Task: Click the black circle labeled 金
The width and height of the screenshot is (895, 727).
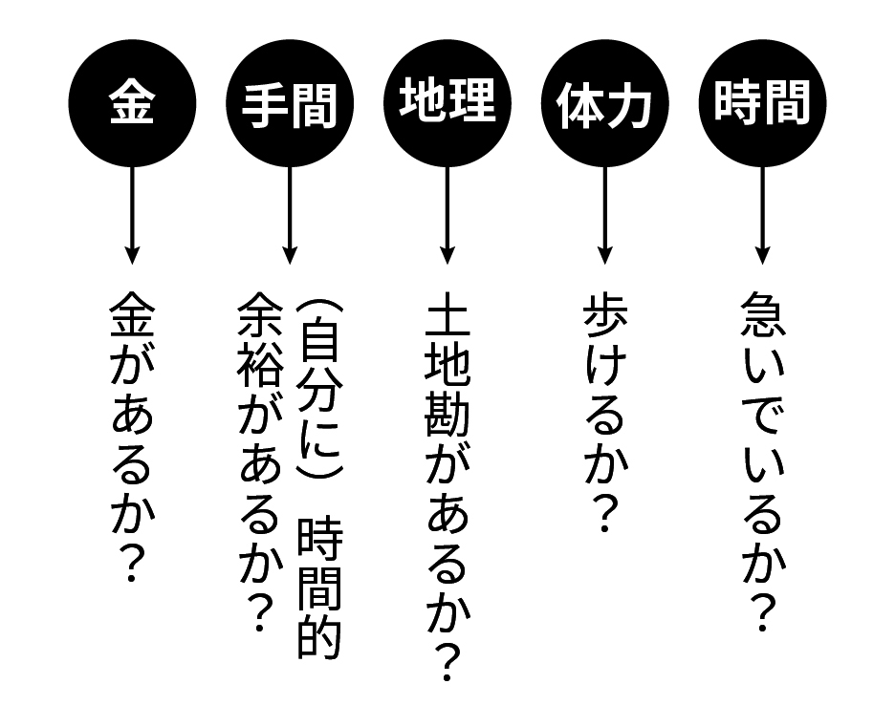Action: coord(132,103)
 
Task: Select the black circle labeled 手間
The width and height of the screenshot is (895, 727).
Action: coord(290,103)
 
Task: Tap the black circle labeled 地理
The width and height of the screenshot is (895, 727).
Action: coord(447,103)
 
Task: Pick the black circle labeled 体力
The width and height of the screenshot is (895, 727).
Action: coord(604,103)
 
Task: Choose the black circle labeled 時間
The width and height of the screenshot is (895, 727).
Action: coord(762,103)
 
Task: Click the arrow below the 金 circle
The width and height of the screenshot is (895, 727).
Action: coord(132,215)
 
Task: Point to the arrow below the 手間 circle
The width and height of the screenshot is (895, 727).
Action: coord(290,215)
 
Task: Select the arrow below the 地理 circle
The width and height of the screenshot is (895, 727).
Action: coord(447,215)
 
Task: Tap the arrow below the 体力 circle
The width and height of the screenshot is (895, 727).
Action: coord(604,215)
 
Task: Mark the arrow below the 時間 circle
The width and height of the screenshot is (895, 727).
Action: coord(762,215)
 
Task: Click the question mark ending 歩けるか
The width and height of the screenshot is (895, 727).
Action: coord(604,513)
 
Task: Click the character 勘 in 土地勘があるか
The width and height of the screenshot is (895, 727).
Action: coord(447,413)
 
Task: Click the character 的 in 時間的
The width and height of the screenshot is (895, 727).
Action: coord(319,638)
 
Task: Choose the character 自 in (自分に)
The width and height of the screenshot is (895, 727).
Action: coord(319,345)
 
